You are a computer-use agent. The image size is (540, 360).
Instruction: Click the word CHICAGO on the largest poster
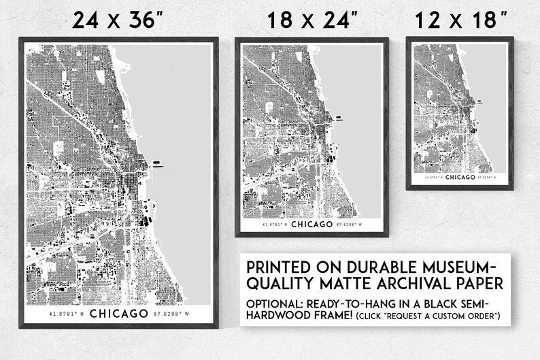pos(118,314)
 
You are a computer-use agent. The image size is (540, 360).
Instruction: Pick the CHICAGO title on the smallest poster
pos(460,177)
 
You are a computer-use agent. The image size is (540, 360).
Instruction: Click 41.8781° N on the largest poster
pos(65,314)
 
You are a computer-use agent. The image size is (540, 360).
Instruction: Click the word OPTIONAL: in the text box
pos(277,302)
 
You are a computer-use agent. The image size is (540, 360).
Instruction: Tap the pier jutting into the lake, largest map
pos(157,163)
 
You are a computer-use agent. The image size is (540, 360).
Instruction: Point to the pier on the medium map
pos(338,119)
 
